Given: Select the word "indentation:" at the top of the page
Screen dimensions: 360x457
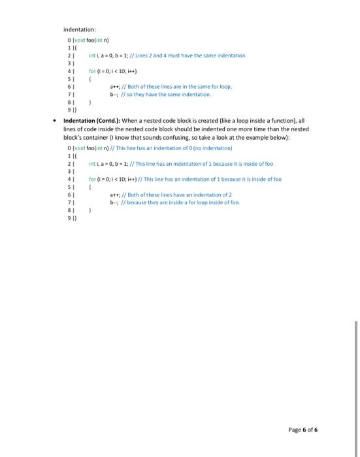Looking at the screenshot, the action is [80, 29].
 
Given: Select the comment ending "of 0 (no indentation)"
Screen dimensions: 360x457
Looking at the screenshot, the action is [182, 146].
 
